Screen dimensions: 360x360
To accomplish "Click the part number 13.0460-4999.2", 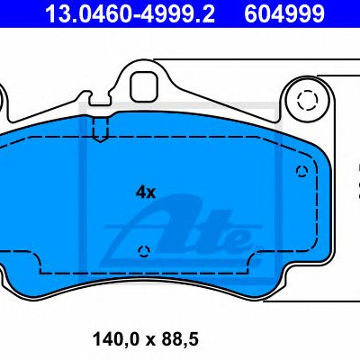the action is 130,13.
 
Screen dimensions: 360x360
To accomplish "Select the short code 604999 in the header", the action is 284,13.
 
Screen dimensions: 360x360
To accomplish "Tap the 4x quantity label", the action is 146,193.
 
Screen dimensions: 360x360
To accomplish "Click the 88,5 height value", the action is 180,339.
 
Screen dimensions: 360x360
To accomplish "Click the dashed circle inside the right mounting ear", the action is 308,99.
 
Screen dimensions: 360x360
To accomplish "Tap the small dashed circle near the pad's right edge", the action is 301,171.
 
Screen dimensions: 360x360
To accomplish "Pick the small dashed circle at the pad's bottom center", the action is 144,251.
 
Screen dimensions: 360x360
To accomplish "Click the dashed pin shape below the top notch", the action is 100,130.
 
